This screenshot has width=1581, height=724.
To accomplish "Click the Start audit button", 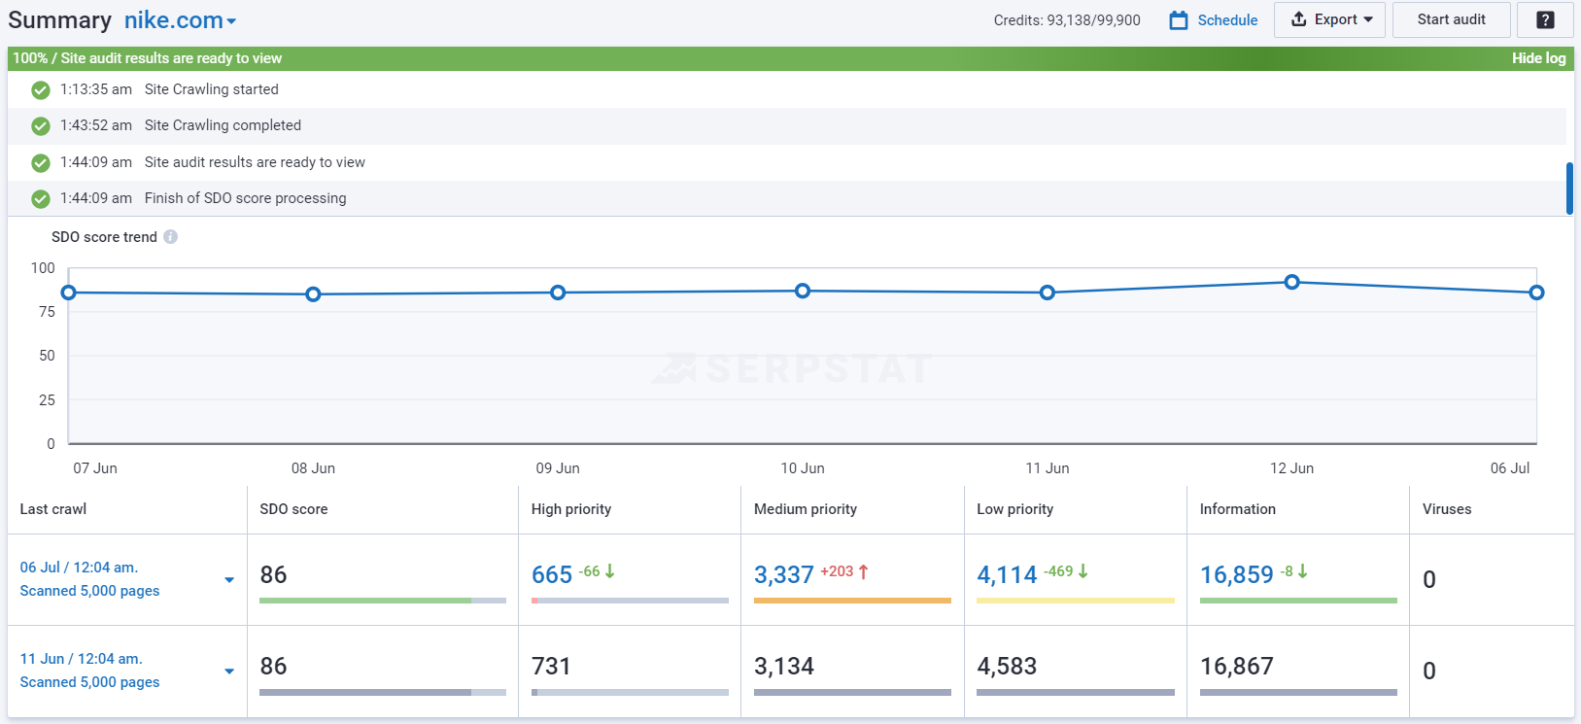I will [x=1451, y=19].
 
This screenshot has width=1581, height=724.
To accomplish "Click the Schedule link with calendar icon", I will [x=1214, y=20].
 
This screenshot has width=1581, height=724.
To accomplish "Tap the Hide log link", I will [x=1538, y=58].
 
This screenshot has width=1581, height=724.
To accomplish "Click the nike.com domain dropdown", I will [x=180, y=20].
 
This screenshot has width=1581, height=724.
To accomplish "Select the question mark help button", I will [x=1545, y=19].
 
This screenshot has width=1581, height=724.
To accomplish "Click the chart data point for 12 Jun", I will [x=1291, y=282].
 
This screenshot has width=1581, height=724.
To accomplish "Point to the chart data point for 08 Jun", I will [x=313, y=294].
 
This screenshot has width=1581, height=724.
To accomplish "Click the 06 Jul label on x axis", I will [x=1509, y=468].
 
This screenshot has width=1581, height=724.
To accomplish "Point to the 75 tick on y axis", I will [x=47, y=312].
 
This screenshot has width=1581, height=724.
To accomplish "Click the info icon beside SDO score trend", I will [x=170, y=237].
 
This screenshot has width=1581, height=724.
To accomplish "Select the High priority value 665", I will [x=551, y=574].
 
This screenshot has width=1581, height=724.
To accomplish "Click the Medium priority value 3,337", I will [x=783, y=574].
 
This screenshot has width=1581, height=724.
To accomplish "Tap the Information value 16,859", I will [x=1236, y=574].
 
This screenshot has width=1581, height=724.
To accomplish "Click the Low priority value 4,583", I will [x=1007, y=667].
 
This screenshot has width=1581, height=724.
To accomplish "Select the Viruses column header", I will [x=1446, y=509].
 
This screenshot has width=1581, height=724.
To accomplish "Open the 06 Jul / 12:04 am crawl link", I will [x=79, y=568].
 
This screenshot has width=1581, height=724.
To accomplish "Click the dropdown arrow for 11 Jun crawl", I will [x=229, y=671].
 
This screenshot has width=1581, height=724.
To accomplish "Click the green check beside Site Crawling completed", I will [x=41, y=126].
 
